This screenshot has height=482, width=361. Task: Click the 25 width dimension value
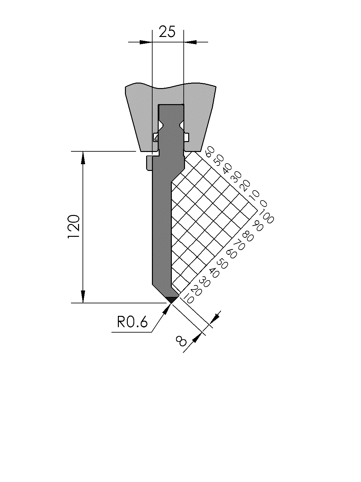point(167,31)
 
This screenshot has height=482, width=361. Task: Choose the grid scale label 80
point(248,236)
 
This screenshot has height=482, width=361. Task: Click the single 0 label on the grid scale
point(264,204)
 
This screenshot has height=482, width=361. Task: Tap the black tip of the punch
point(171,299)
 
